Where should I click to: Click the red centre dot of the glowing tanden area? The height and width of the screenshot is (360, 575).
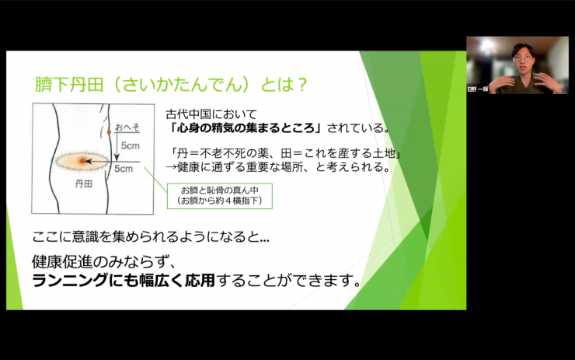[83, 161]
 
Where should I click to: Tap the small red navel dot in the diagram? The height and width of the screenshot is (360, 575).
[110, 133]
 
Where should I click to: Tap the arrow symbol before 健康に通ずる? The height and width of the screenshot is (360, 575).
[172, 166]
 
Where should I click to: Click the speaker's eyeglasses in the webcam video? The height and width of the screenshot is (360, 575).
[521, 57]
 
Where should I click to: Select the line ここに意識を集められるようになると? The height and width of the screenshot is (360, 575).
[152, 236]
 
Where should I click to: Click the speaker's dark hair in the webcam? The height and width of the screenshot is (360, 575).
[522, 48]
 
